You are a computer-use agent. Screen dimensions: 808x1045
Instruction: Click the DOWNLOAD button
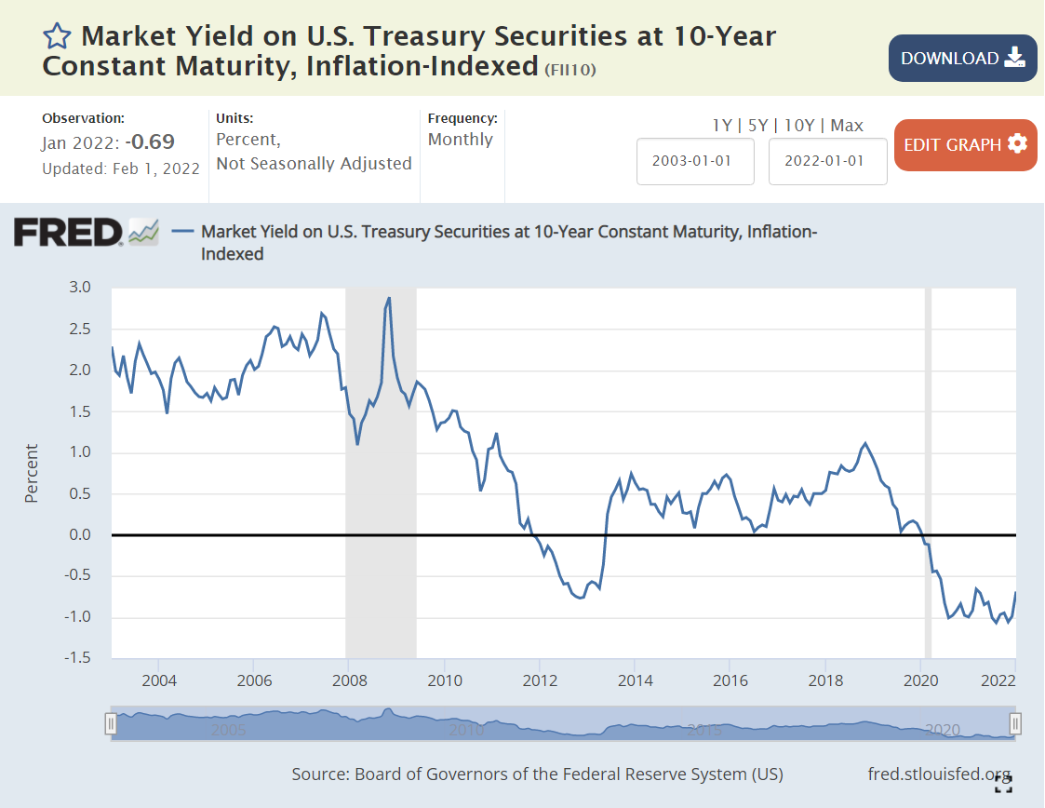click(x=962, y=58)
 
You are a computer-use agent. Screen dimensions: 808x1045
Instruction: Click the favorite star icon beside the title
click(x=57, y=36)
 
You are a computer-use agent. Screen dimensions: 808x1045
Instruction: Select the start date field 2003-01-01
click(x=695, y=160)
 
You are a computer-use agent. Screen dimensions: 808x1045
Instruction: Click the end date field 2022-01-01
click(x=827, y=160)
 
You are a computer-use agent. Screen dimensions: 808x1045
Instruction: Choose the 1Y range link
click(x=721, y=125)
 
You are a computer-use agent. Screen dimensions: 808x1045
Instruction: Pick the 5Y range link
click(x=759, y=125)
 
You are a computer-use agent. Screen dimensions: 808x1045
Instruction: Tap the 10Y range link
click(x=800, y=125)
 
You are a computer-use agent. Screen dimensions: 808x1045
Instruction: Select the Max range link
click(x=847, y=125)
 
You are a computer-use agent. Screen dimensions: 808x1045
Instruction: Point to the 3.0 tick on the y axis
click(x=80, y=288)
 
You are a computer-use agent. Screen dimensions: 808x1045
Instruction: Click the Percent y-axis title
click(x=32, y=474)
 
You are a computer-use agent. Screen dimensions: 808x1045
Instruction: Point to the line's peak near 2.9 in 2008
click(x=388, y=298)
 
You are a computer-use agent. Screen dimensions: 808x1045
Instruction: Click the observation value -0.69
click(x=152, y=142)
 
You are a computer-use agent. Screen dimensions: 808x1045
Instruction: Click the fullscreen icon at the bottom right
click(x=1003, y=783)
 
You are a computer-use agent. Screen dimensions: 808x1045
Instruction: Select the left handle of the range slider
click(x=111, y=723)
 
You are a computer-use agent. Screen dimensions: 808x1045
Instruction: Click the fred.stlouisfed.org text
click(x=938, y=774)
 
